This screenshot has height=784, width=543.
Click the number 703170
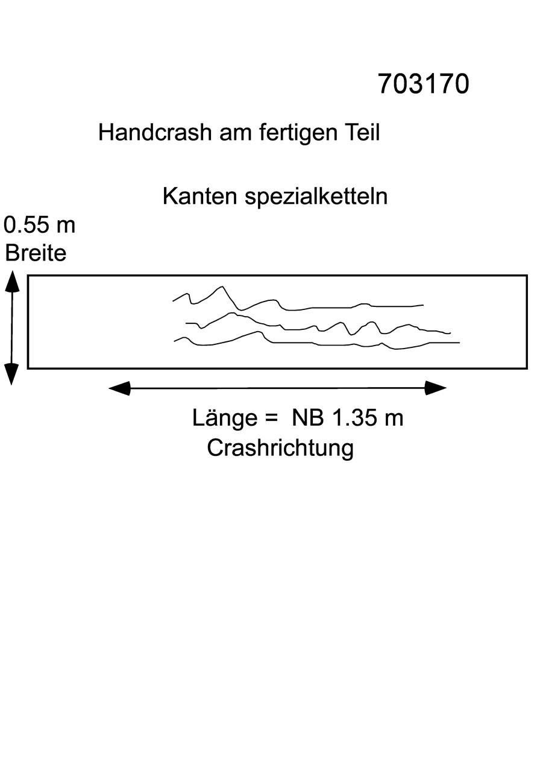424,84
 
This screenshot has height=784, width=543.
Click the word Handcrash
155,133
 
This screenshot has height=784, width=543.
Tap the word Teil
363,133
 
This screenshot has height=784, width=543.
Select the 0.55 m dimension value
40,225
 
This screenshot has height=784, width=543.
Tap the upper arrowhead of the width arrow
12,281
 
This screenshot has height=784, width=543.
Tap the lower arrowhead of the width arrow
11,374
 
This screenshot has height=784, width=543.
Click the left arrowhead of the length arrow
119,388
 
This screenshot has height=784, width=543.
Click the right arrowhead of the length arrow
436,388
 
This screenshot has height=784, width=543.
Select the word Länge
225,418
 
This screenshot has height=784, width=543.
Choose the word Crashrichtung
280,448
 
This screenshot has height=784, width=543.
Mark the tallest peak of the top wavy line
222,286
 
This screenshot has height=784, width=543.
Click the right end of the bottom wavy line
459,343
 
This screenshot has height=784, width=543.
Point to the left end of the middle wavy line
186,323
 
